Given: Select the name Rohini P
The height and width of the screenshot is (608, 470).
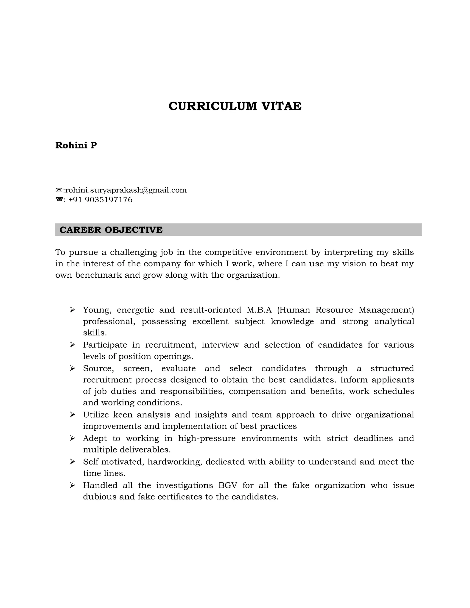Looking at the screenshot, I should tap(76, 145).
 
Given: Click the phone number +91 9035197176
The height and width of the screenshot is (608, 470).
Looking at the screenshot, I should tap(100, 200).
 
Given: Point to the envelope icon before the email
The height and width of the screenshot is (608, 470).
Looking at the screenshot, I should tap(59, 190).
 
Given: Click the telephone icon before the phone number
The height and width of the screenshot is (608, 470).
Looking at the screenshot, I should tap(59, 199).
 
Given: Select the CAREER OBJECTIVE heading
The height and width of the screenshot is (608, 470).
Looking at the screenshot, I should tap(111, 230).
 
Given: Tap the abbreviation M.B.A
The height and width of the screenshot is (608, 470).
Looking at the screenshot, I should tap(259, 310).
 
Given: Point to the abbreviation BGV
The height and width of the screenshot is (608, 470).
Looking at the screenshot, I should tap(227, 485).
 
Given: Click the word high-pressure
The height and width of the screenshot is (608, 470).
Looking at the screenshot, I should tap(207, 438).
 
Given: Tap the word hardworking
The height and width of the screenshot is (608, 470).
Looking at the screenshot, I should tap(175, 462).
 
